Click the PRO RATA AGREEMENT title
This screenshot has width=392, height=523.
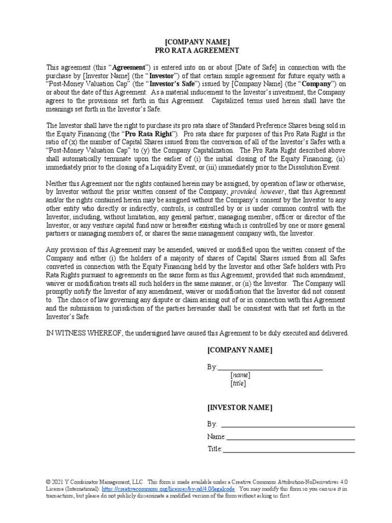[x=197, y=51]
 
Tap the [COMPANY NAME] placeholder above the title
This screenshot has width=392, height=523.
[x=197, y=41]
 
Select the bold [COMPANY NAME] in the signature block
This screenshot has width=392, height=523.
[x=239, y=350]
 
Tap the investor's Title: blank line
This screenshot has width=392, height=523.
[x=288, y=449]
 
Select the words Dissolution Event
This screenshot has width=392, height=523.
[x=320, y=167]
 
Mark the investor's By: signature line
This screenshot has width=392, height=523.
[x=287, y=424]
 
